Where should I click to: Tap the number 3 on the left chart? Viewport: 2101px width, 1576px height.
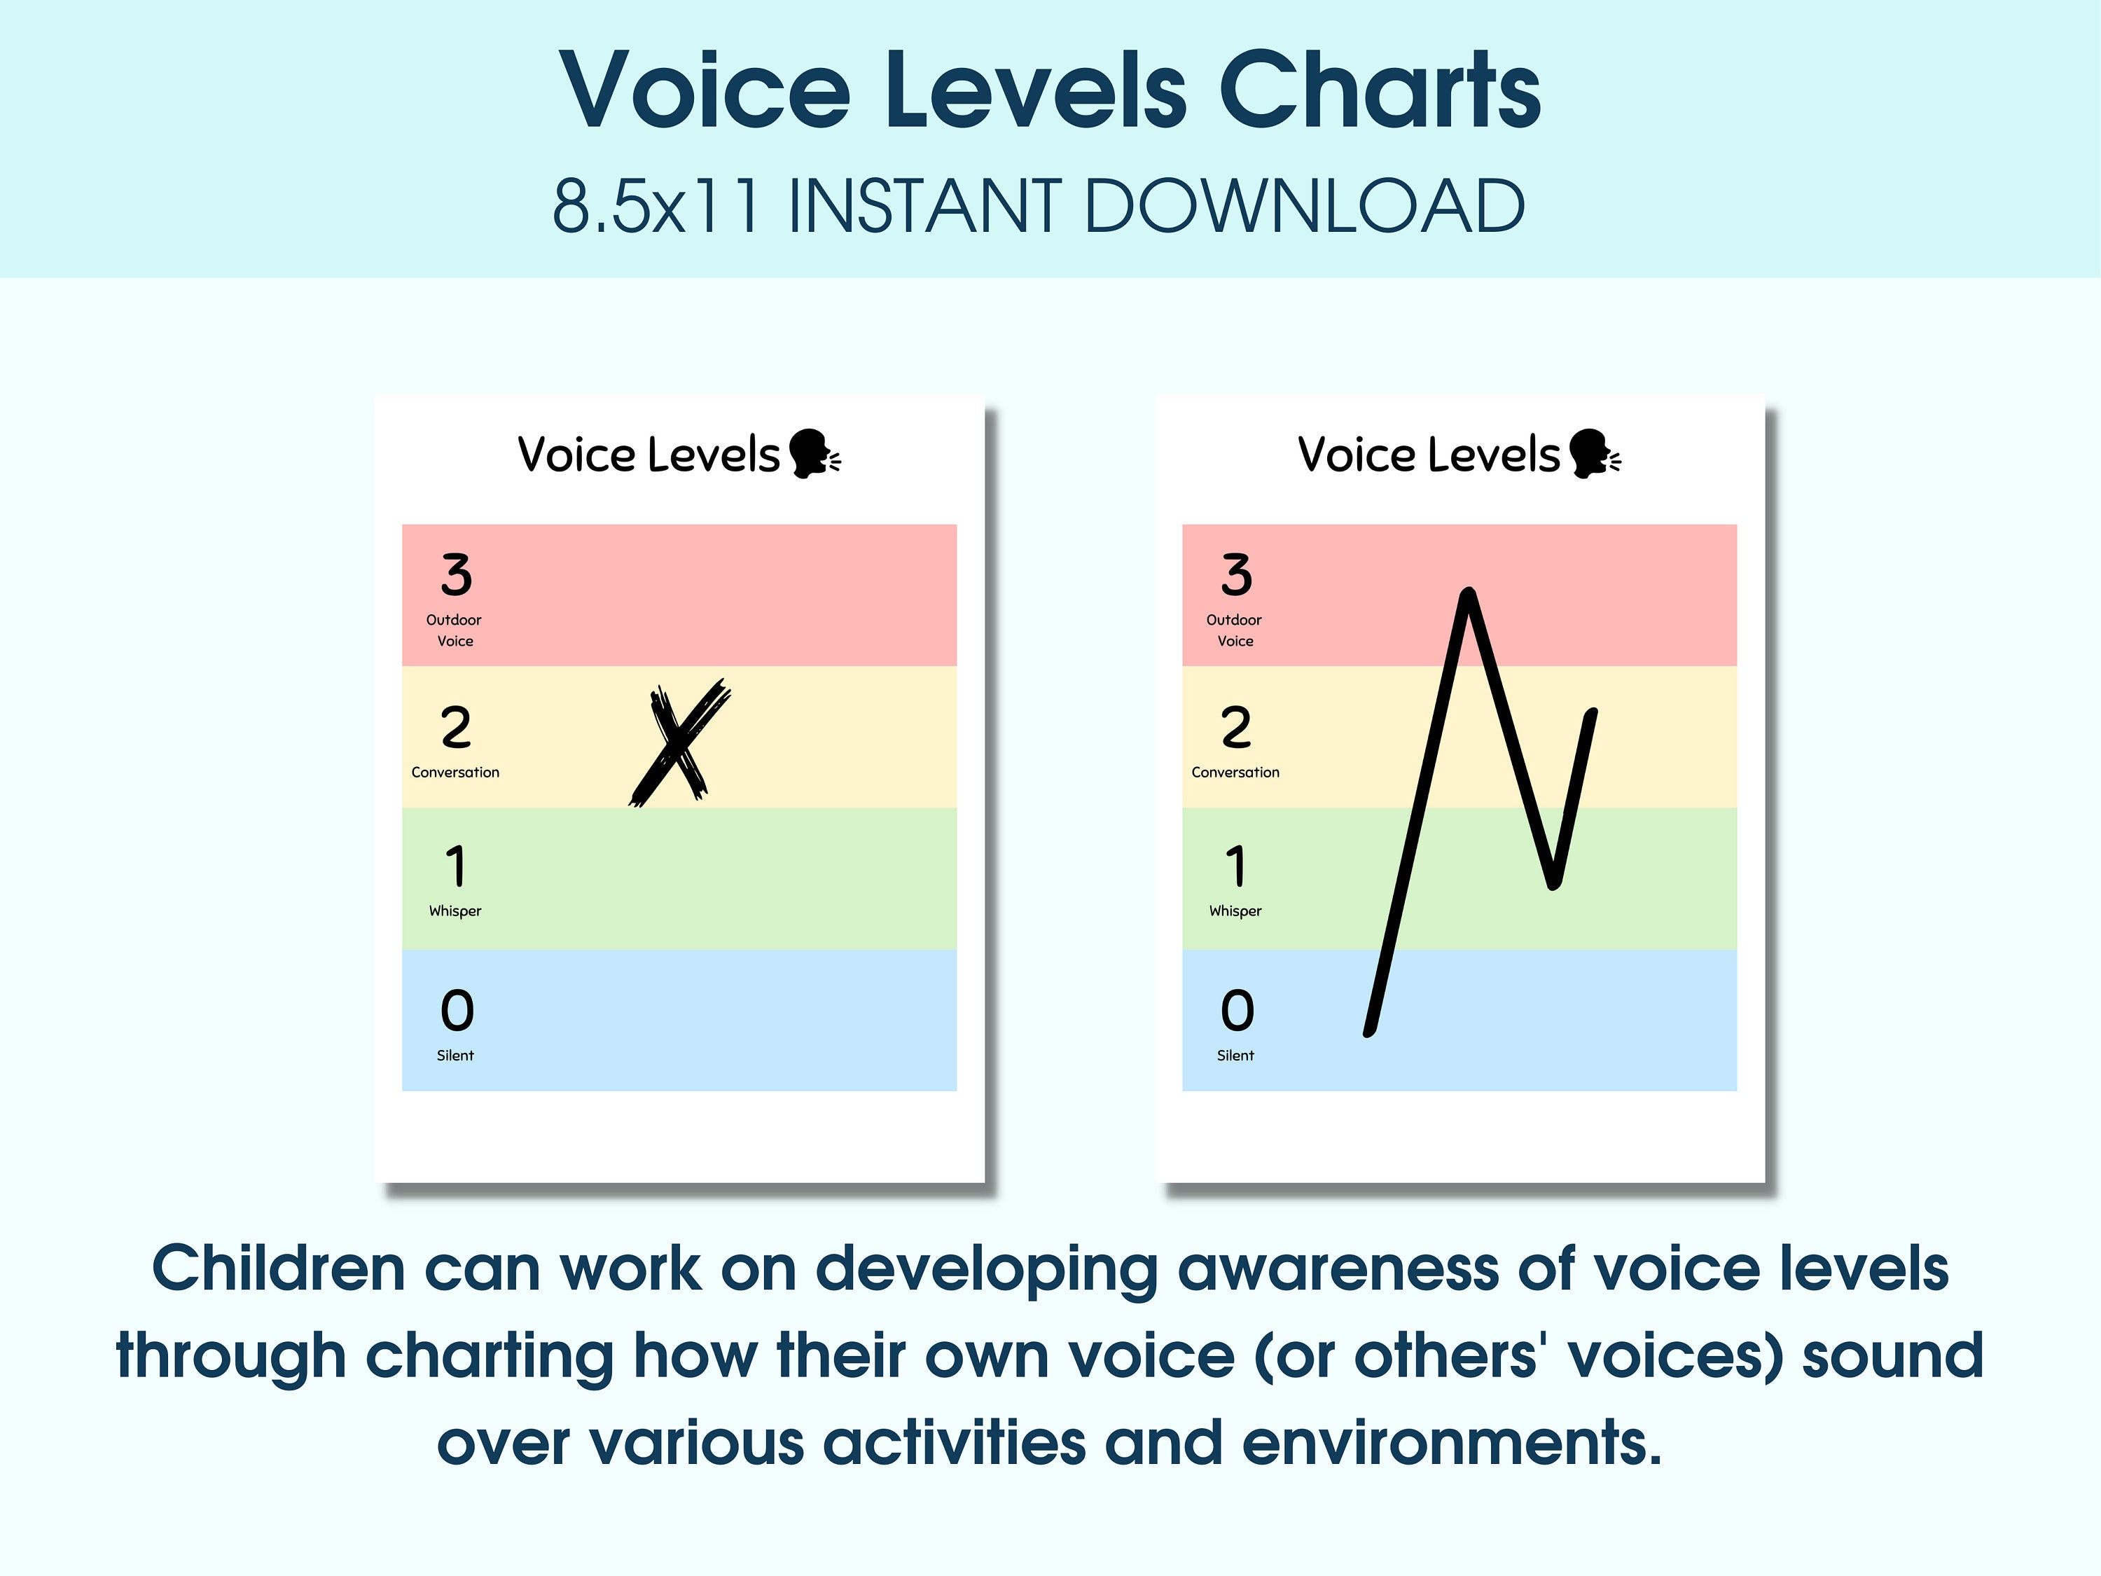point(456,575)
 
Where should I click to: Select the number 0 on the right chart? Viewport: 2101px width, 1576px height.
point(1237,1010)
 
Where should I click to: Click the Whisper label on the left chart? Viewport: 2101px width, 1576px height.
point(455,910)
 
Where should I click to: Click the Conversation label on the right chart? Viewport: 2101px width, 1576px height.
point(1235,773)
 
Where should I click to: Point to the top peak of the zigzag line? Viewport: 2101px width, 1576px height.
point(1469,595)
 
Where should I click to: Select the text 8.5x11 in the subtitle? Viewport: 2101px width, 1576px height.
point(656,206)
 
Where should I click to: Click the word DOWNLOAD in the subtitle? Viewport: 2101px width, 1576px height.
point(1303,206)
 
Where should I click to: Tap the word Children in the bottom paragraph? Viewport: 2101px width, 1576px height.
point(278,1269)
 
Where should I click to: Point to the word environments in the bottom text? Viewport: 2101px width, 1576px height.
point(1450,1443)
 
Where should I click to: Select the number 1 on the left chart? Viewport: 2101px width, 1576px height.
point(456,866)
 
